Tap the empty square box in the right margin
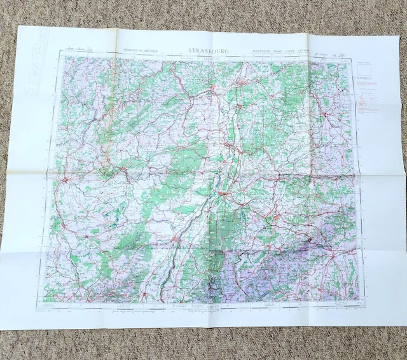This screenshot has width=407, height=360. (x=366, y=71)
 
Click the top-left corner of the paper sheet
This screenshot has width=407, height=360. (x=20, y=26)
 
